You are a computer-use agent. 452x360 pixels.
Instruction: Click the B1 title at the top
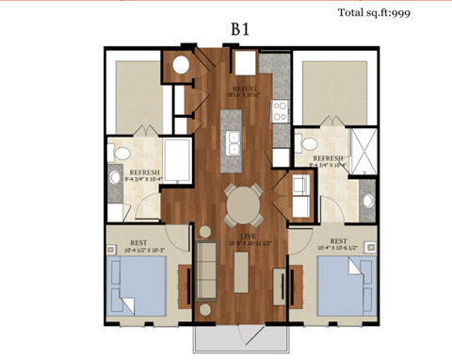240,28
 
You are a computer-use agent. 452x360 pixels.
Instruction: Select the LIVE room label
249,233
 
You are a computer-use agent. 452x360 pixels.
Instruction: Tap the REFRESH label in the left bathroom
143,172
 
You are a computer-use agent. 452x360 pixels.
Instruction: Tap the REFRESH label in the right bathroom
326,157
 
